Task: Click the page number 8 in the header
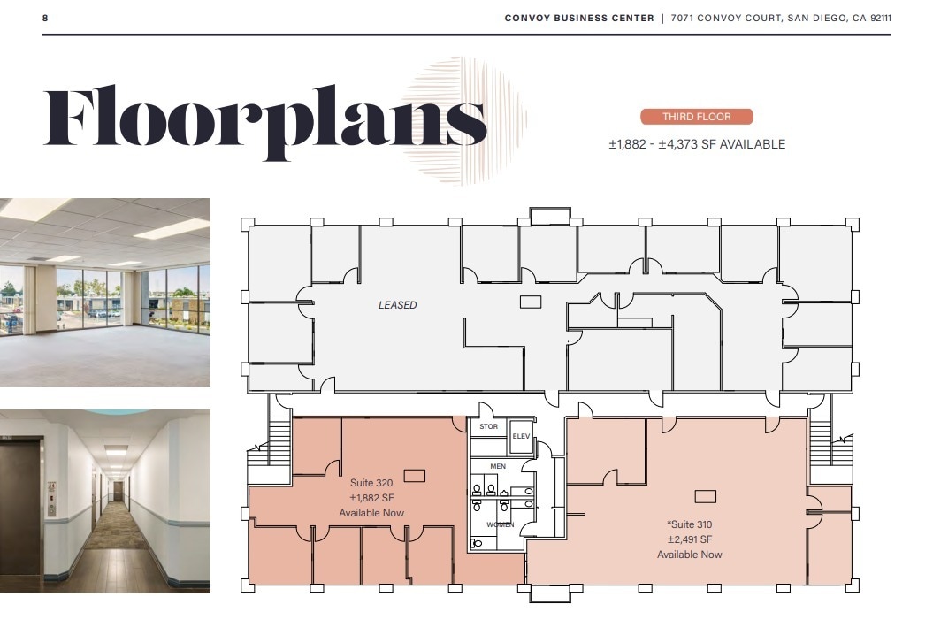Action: [45, 18]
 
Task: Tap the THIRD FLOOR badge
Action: [696, 117]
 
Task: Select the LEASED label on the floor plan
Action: [397, 305]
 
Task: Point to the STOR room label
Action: [488, 427]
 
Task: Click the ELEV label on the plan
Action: [520, 436]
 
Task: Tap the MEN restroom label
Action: [498, 466]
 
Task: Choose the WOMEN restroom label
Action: [500, 524]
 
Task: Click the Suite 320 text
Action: [371, 483]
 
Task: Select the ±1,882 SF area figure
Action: [371, 498]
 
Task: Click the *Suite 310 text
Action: [689, 524]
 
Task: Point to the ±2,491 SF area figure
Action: [689, 539]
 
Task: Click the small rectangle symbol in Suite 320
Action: [414, 476]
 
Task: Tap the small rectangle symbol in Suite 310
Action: [705, 496]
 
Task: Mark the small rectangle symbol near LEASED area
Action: [530, 302]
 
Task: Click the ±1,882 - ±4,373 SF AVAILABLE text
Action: [696, 144]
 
